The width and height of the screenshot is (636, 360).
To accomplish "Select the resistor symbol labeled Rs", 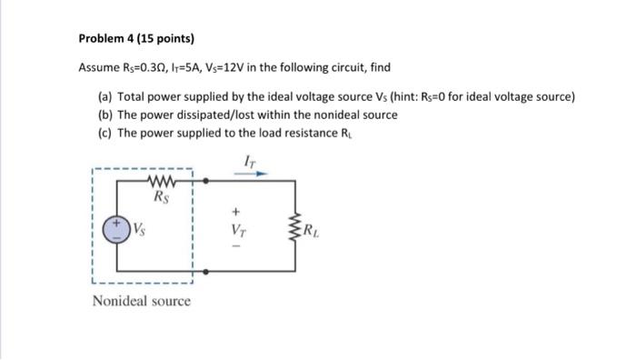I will coord(163,180).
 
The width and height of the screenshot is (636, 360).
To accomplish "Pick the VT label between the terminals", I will coord(241,228).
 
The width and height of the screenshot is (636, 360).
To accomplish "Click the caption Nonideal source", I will coord(142,301).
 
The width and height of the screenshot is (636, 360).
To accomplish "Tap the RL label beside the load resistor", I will coord(313,229).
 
